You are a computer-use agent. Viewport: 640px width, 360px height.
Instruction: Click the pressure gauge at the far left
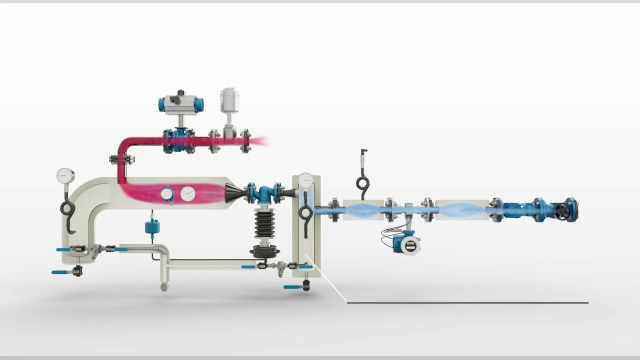(65, 176)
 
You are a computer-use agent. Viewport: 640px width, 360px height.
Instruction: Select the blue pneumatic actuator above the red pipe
(181, 103)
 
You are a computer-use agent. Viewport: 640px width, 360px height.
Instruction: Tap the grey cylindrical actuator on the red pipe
(229, 100)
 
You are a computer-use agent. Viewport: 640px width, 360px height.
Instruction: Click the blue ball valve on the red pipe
(179, 141)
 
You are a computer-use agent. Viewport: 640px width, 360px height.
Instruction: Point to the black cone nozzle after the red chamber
(233, 192)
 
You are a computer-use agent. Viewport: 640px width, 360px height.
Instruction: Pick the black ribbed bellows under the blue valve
(264, 223)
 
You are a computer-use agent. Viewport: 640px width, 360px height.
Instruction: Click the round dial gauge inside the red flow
(187, 193)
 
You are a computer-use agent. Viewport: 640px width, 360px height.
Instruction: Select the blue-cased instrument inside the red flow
(167, 194)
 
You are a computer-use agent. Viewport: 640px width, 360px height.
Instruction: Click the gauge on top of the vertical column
(305, 180)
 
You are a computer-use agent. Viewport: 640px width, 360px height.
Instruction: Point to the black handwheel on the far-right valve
(563, 210)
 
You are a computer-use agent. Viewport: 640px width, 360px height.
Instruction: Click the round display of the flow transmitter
(410, 245)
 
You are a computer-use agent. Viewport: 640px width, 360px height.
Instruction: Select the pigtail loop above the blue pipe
(362, 183)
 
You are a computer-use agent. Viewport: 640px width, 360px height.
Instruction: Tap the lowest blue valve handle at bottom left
(61, 272)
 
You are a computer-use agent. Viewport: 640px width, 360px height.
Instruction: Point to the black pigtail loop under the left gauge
(67, 207)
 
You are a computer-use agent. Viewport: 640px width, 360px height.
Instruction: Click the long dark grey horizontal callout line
(467, 302)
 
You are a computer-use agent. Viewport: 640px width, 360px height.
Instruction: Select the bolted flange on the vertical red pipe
(121, 160)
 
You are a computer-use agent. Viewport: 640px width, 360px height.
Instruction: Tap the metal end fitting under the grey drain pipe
(164, 287)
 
